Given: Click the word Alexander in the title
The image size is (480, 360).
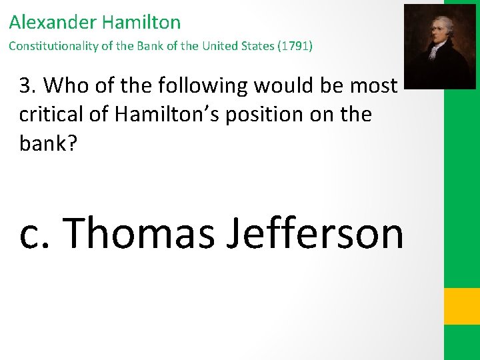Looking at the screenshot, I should coord(53,22).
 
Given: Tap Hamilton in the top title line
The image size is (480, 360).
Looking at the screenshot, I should coord(141,22).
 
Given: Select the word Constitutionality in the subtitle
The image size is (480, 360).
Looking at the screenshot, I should coord(49,47).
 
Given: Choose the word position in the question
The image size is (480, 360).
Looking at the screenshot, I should coord(276,114).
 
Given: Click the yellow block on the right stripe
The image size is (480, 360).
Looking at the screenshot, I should coord(462,306).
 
